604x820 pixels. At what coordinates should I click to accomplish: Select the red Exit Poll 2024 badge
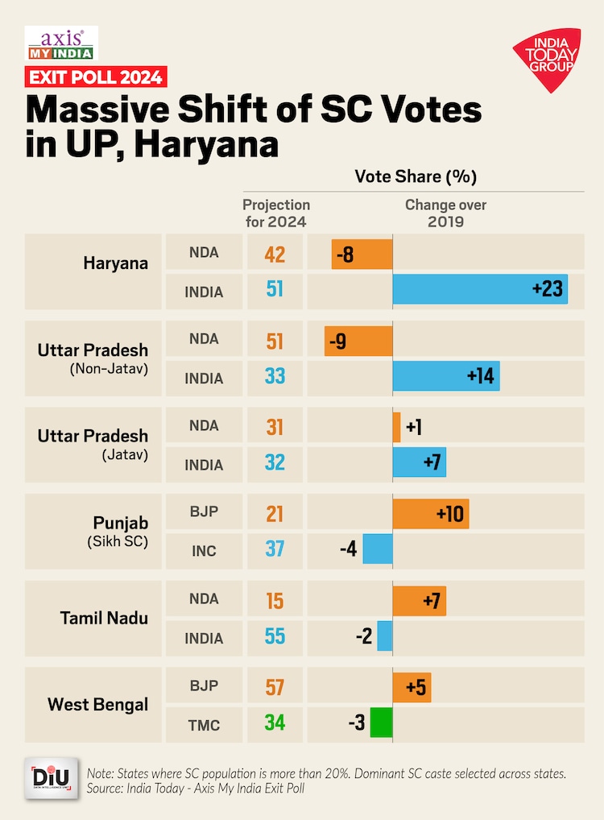point(95,77)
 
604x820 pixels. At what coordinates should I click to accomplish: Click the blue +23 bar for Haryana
point(480,288)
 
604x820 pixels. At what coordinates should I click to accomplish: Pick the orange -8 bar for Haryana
point(362,254)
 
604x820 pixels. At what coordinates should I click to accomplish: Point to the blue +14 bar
point(445,375)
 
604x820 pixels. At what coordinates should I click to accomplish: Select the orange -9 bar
point(358,341)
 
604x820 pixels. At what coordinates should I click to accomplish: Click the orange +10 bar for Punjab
point(430,513)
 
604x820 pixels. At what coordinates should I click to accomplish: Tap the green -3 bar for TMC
point(381,723)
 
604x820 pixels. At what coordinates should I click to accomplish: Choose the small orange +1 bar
point(396,426)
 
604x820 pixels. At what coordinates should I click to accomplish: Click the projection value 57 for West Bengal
point(275,687)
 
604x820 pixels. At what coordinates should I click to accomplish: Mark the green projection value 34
point(275,723)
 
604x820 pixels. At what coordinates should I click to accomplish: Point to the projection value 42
point(275,254)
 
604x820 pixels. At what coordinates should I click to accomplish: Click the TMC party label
point(204,724)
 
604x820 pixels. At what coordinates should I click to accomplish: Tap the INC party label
point(204,552)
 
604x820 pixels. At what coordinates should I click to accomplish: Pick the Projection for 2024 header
point(275,213)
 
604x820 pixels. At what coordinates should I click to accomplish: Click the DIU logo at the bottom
point(51,779)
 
